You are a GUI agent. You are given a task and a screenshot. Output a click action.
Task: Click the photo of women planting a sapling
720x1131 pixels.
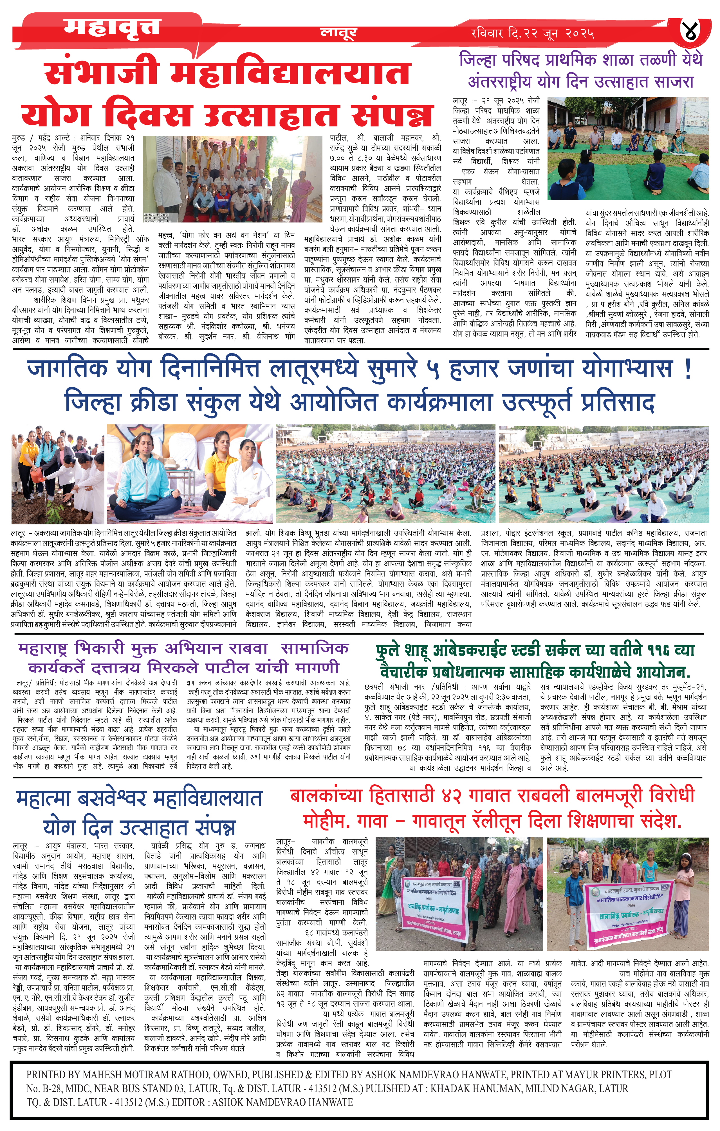point(57,474)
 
